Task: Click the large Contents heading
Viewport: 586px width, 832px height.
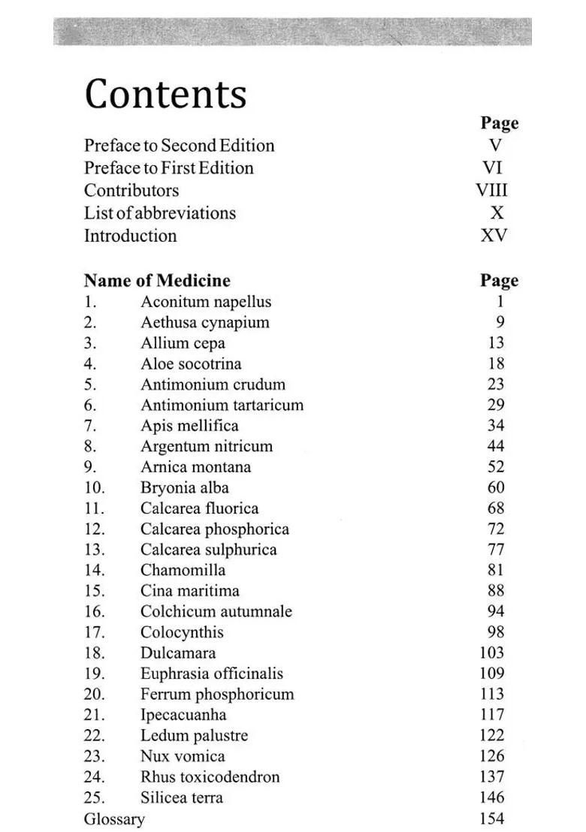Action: click(x=165, y=95)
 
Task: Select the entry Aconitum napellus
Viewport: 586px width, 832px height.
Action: click(x=205, y=302)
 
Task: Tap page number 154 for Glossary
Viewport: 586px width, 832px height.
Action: click(x=491, y=818)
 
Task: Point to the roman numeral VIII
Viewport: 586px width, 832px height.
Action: click(x=492, y=190)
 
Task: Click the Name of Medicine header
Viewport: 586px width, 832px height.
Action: click(x=157, y=281)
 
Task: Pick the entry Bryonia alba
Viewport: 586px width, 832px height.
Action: click(x=184, y=487)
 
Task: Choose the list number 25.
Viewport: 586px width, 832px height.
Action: click(x=95, y=797)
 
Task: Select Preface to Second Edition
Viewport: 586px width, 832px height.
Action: click(x=179, y=145)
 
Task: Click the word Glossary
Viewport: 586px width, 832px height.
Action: click(x=114, y=818)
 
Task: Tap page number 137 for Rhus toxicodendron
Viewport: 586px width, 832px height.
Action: click(x=491, y=776)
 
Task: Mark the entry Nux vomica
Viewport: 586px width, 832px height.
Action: click(x=183, y=756)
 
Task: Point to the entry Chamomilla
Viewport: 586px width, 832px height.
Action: click(x=183, y=570)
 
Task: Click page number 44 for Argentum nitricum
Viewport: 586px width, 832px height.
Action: click(x=495, y=446)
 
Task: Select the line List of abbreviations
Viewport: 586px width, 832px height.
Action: click(x=159, y=213)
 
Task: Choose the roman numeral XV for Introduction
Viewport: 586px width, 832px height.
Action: click(x=494, y=235)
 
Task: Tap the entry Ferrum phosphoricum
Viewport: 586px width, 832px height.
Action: click(x=217, y=694)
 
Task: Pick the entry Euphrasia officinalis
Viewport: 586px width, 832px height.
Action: click(x=211, y=674)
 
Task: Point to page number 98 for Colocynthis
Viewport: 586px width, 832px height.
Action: click(x=495, y=632)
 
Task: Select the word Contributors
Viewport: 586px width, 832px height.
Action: click(x=131, y=190)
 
